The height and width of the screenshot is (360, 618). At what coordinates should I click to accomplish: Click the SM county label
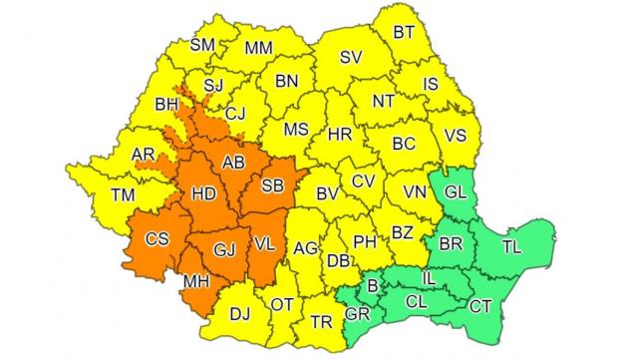[x=202, y=44]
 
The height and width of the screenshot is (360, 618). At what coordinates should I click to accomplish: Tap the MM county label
[x=258, y=47]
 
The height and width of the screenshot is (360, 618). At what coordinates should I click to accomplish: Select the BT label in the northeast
[x=404, y=33]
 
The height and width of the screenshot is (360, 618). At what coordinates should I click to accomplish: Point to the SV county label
[x=350, y=58]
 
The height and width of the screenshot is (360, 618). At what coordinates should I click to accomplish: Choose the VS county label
[x=456, y=135]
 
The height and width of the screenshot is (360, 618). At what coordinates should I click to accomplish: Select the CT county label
[x=480, y=304]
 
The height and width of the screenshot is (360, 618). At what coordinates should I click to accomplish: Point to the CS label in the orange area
[x=157, y=239]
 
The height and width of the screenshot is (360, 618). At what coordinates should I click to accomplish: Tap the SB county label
[x=271, y=183]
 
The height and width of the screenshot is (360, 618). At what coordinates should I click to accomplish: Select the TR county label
[x=321, y=322]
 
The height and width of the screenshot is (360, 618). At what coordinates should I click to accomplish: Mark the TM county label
[x=124, y=195]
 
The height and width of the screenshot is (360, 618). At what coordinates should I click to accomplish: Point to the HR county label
[x=340, y=133]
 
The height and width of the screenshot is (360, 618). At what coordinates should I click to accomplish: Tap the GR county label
[x=357, y=313]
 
